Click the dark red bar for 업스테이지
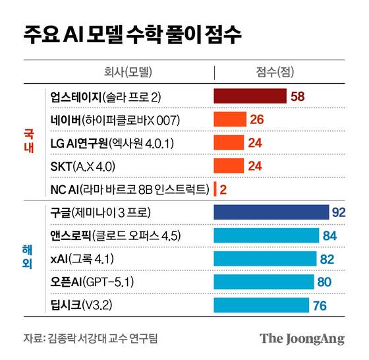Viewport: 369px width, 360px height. (x=250, y=97)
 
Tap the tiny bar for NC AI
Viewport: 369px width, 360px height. (x=215, y=189)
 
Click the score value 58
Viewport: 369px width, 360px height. (x=298, y=97)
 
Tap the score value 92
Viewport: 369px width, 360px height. (x=339, y=212)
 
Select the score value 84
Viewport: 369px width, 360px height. (x=329, y=235)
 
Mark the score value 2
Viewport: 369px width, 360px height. (x=223, y=189)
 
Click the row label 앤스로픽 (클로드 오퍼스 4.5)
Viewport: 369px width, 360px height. (x=116, y=235)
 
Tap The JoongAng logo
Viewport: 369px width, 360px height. (x=302, y=339)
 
